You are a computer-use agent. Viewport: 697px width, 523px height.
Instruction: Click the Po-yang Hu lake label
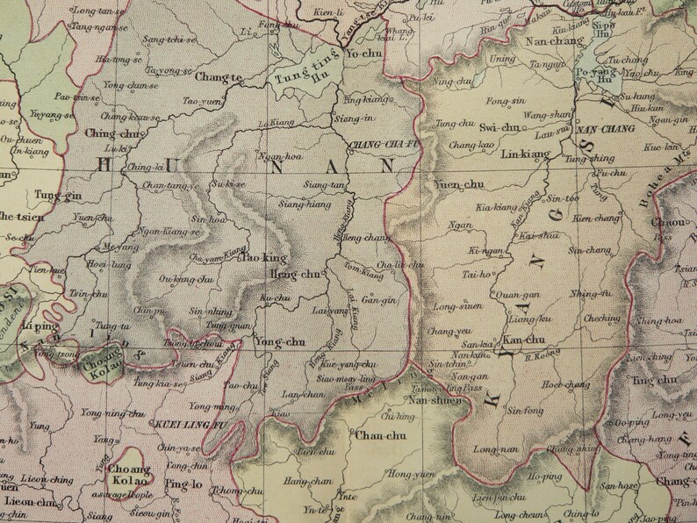coord(594,75)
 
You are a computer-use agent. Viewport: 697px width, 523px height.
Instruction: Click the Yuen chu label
coord(458,185)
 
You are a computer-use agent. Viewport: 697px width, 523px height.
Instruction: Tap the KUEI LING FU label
coord(194,426)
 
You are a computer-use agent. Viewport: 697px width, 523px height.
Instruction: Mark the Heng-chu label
coord(298,276)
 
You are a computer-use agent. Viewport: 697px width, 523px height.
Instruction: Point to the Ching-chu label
coord(113,133)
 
